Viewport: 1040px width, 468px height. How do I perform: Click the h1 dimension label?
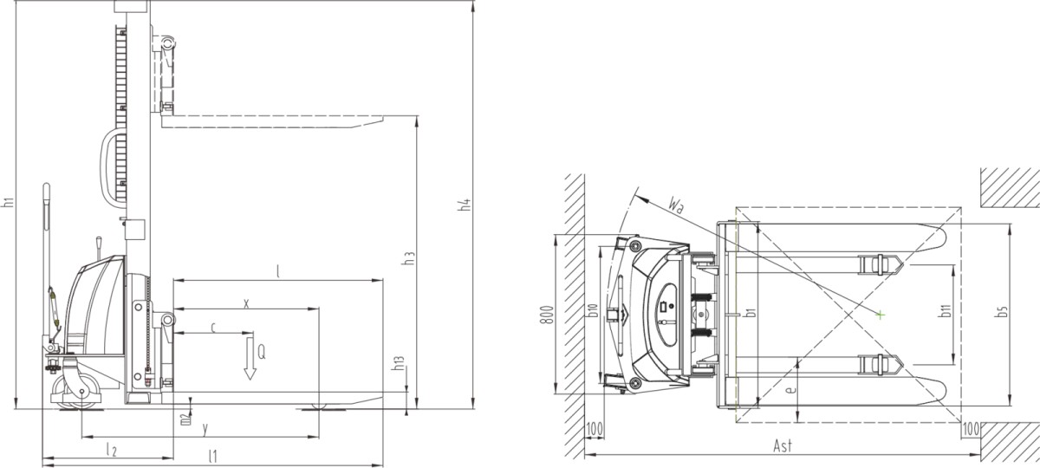click(x=8, y=202)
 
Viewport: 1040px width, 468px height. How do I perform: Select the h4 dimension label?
click(x=465, y=205)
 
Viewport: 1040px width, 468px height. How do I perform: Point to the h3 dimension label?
click(x=408, y=258)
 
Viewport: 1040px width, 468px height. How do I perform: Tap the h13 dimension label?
click(x=399, y=363)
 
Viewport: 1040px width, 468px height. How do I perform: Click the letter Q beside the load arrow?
click(x=262, y=353)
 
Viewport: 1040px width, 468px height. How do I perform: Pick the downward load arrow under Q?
click(x=250, y=359)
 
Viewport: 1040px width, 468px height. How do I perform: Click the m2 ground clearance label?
click(x=185, y=419)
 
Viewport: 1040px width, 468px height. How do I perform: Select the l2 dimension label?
click(x=112, y=450)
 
